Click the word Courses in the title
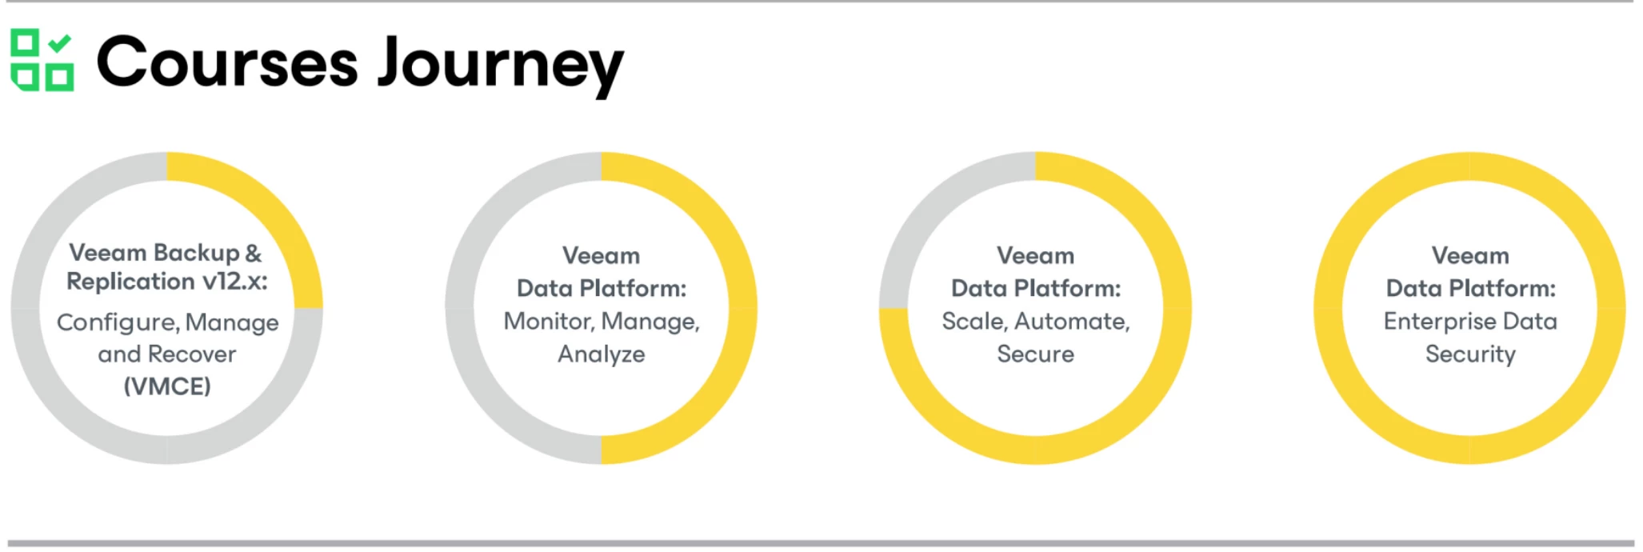pyautogui.click(x=227, y=62)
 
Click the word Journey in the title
pyautogui.click(x=501, y=66)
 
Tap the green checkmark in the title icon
pyautogui.click(x=60, y=42)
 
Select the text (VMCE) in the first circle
pyautogui.click(x=167, y=386)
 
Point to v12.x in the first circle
pyautogui.click(x=234, y=282)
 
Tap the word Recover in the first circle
pyautogui.click(x=192, y=354)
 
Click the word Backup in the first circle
pyautogui.click(x=196, y=254)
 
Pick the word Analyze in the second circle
pyautogui.click(x=602, y=354)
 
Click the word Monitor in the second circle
pyautogui.click(x=549, y=322)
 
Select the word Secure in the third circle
pyautogui.click(x=1036, y=354)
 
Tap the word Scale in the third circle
pyautogui.click(x=974, y=322)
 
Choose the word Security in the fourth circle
pyautogui.click(x=1470, y=354)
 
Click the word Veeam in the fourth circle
pyautogui.click(x=1470, y=256)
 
